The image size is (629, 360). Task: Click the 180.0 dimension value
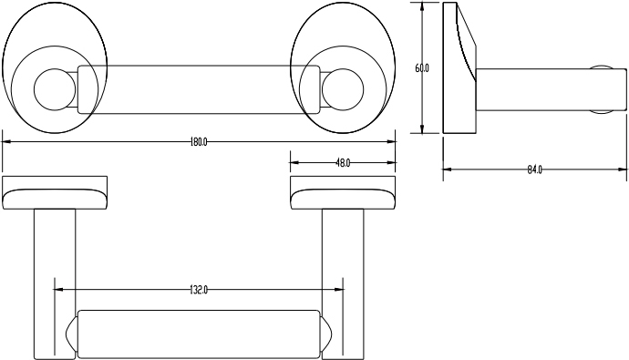[199, 142]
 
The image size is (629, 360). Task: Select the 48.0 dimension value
[343, 163]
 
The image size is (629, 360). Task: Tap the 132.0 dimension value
[199, 290]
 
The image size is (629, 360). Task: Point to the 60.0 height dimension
[421, 68]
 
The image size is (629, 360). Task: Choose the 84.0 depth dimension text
[534, 170]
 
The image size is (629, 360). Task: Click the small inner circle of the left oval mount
[55, 89]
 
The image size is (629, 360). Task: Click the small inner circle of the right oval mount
[343, 89]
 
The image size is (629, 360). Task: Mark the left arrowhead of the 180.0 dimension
[6, 141]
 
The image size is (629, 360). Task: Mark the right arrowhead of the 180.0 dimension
[391, 141]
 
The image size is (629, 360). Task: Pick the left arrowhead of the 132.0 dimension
[58, 290]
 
